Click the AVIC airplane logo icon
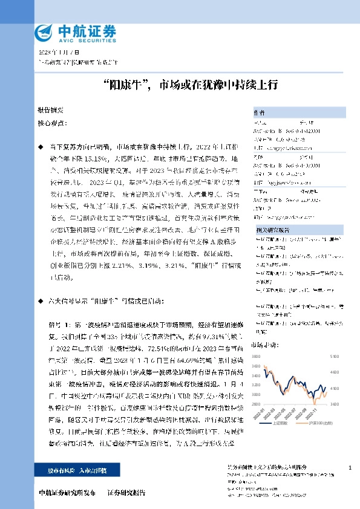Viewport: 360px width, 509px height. point(44,31)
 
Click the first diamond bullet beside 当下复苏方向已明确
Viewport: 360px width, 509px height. point(41,147)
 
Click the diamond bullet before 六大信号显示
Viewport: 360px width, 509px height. point(41,300)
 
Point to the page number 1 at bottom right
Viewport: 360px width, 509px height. point(350,468)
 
